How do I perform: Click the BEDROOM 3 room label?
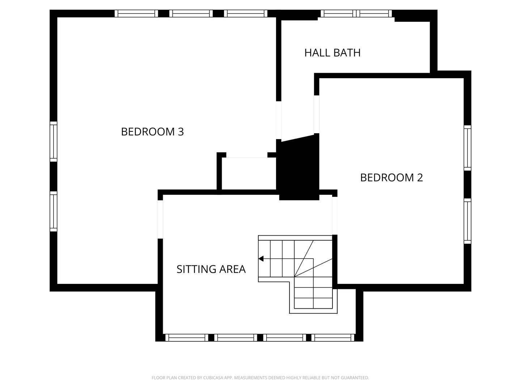click(x=152, y=131)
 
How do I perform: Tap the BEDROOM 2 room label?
click(x=391, y=177)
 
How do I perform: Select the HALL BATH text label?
click(x=332, y=53)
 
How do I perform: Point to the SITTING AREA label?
click(x=211, y=269)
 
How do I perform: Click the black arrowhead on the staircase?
click(x=261, y=258)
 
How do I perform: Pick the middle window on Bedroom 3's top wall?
click(x=191, y=13)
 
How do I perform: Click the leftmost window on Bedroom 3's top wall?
click(x=136, y=13)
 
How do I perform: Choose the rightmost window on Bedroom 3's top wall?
click(x=245, y=13)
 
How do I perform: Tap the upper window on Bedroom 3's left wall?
click(x=53, y=142)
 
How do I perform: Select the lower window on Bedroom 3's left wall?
click(x=53, y=211)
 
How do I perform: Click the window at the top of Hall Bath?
click(x=356, y=13)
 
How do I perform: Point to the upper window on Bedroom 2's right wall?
click(x=467, y=148)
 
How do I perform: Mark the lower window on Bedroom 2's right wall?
click(x=467, y=221)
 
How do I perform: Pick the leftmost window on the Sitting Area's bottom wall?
click(x=187, y=337)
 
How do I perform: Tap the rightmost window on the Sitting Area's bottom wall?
click(x=333, y=337)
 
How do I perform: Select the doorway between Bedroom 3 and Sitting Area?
click(x=160, y=219)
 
